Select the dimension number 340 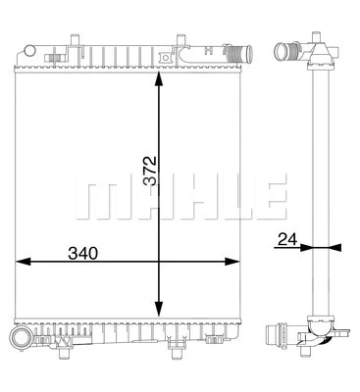tap(81, 253)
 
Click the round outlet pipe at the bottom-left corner tap(20, 339)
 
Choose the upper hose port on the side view tap(285, 48)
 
